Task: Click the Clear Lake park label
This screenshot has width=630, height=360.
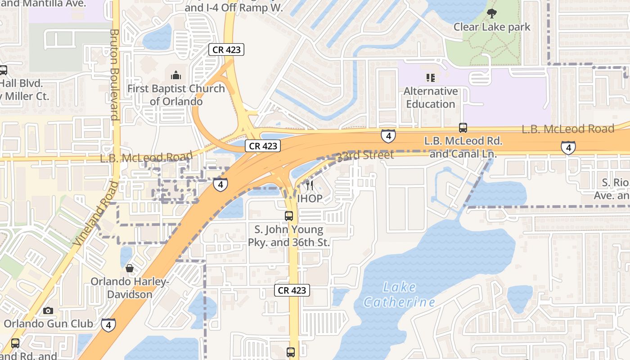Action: pyautogui.click(x=492, y=27)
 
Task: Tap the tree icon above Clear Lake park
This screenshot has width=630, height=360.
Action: pyautogui.click(x=492, y=13)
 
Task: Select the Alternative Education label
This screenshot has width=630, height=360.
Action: pyautogui.click(x=431, y=98)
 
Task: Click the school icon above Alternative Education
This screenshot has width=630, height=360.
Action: pyautogui.click(x=431, y=78)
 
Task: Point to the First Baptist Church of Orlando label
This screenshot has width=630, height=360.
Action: pyautogui.click(x=176, y=95)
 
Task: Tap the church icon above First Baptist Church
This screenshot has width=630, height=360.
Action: pyautogui.click(x=176, y=74)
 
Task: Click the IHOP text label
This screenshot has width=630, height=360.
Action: pyautogui.click(x=310, y=198)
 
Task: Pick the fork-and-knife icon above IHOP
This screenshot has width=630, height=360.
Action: pyautogui.click(x=310, y=185)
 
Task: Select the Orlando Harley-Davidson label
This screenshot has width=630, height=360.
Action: pyautogui.click(x=130, y=288)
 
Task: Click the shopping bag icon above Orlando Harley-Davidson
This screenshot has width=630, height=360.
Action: pyautogui.click(x=130, y=269)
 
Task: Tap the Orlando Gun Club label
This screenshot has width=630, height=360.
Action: pyautogui.click(x=49, y=324)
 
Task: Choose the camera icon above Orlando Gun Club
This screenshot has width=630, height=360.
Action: pyautogui.click(x=48, y=310)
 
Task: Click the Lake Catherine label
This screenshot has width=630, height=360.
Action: pyautogui.click(x=400, y=294)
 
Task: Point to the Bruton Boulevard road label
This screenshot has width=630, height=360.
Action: pyautogui.click(x=114, y=75)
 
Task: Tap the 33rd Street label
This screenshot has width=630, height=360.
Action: pyautogui.click(x=365, y=155)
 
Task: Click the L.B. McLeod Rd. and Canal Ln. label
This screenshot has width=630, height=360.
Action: pyautogui.click(x=463, y=148)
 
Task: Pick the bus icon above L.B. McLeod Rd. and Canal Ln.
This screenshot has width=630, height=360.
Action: pyautogui.click(x=463, y=128)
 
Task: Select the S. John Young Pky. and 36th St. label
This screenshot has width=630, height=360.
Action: pyautogui.click(x=289, y=236)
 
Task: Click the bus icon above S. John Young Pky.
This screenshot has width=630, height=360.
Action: pyautogui.click(x=289, y=216)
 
